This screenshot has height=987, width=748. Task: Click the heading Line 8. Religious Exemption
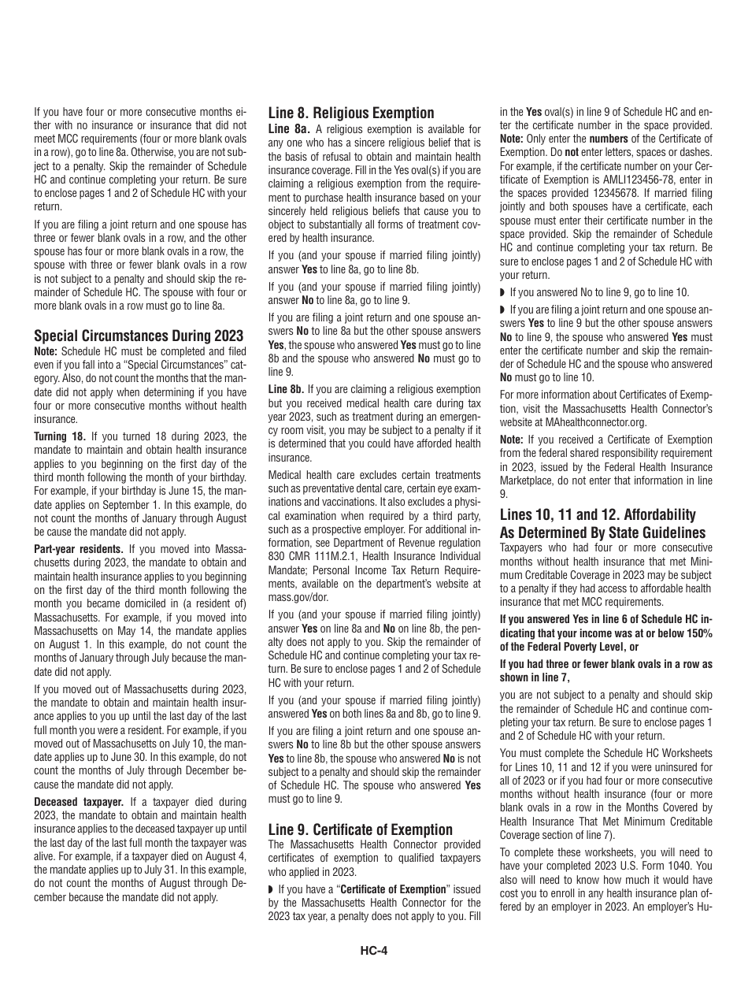(x=351, y=113)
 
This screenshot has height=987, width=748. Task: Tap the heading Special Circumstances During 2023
(x=139, y=335)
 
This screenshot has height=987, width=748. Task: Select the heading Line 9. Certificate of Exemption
(x=360, y=829)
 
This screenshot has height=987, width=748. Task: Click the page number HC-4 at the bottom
(x=374, y=950)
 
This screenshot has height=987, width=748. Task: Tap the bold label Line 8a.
(x=289, y=128)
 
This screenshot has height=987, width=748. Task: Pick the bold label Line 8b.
(x=286, y=389)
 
